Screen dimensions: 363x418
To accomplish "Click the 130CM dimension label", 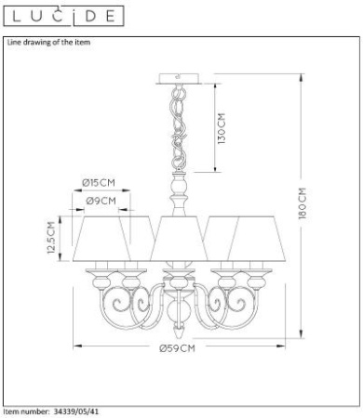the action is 222,128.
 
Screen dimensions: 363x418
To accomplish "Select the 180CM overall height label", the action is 302,203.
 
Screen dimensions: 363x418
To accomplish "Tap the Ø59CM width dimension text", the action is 178,348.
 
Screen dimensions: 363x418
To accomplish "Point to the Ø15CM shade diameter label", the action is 99,183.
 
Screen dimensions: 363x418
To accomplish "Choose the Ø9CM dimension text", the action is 101,201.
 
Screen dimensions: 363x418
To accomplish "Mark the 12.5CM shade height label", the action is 51,238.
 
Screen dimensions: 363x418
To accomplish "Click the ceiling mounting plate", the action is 179,78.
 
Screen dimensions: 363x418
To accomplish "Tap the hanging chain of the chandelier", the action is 179,127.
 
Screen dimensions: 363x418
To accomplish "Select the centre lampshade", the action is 179,239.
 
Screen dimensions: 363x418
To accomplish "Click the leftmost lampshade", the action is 101,239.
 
